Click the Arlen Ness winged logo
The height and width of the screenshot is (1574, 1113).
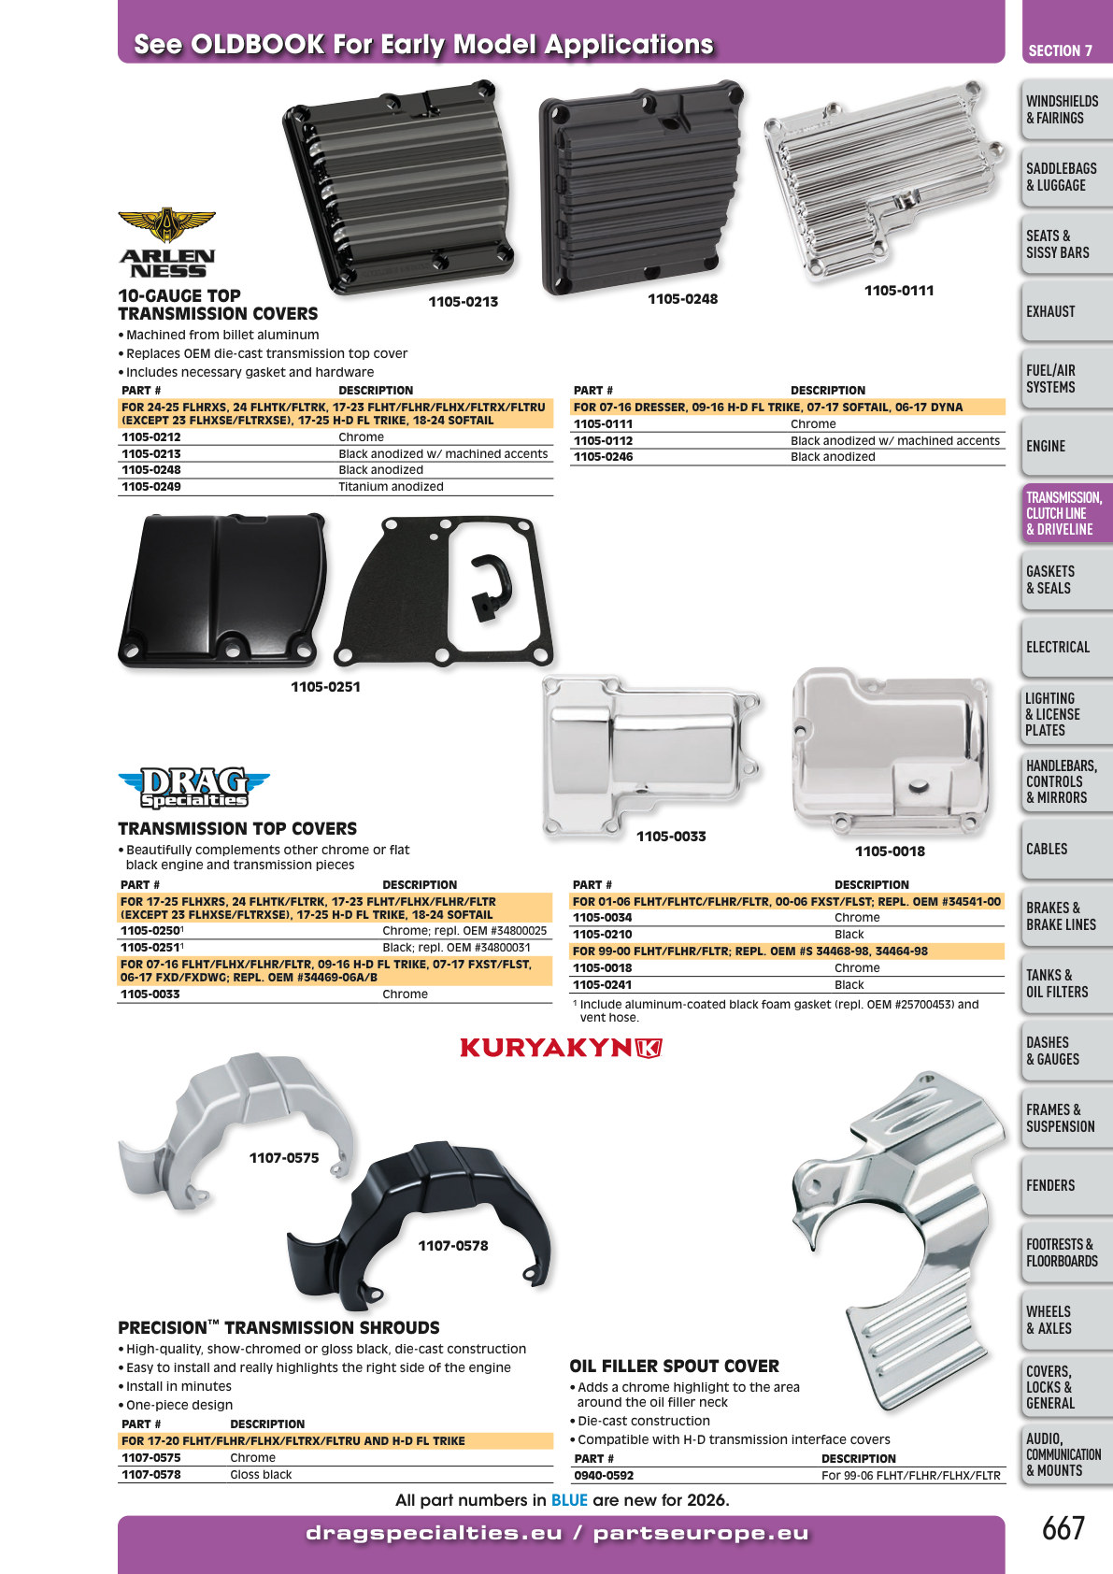166,242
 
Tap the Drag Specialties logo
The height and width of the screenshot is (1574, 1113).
194,787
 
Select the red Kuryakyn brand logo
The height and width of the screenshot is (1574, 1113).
561,1048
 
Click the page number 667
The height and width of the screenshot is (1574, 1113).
1063,1529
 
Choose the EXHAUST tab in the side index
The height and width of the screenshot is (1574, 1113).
1066,311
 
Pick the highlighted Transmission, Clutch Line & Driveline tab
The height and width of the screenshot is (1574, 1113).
1066,513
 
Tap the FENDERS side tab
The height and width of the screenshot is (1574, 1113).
1066,1185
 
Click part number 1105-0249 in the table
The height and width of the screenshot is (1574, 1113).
151,486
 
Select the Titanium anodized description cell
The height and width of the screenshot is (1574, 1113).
391,486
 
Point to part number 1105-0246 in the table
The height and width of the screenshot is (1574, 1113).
603,457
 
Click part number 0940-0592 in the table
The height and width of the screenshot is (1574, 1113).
604,1476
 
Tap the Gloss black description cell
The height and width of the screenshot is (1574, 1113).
261,1474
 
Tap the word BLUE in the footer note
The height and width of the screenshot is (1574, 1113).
569,1500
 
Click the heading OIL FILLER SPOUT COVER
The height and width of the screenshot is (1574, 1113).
674,1366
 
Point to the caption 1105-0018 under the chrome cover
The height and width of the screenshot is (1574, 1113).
890,851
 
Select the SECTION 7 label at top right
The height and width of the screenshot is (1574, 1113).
1061,50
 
